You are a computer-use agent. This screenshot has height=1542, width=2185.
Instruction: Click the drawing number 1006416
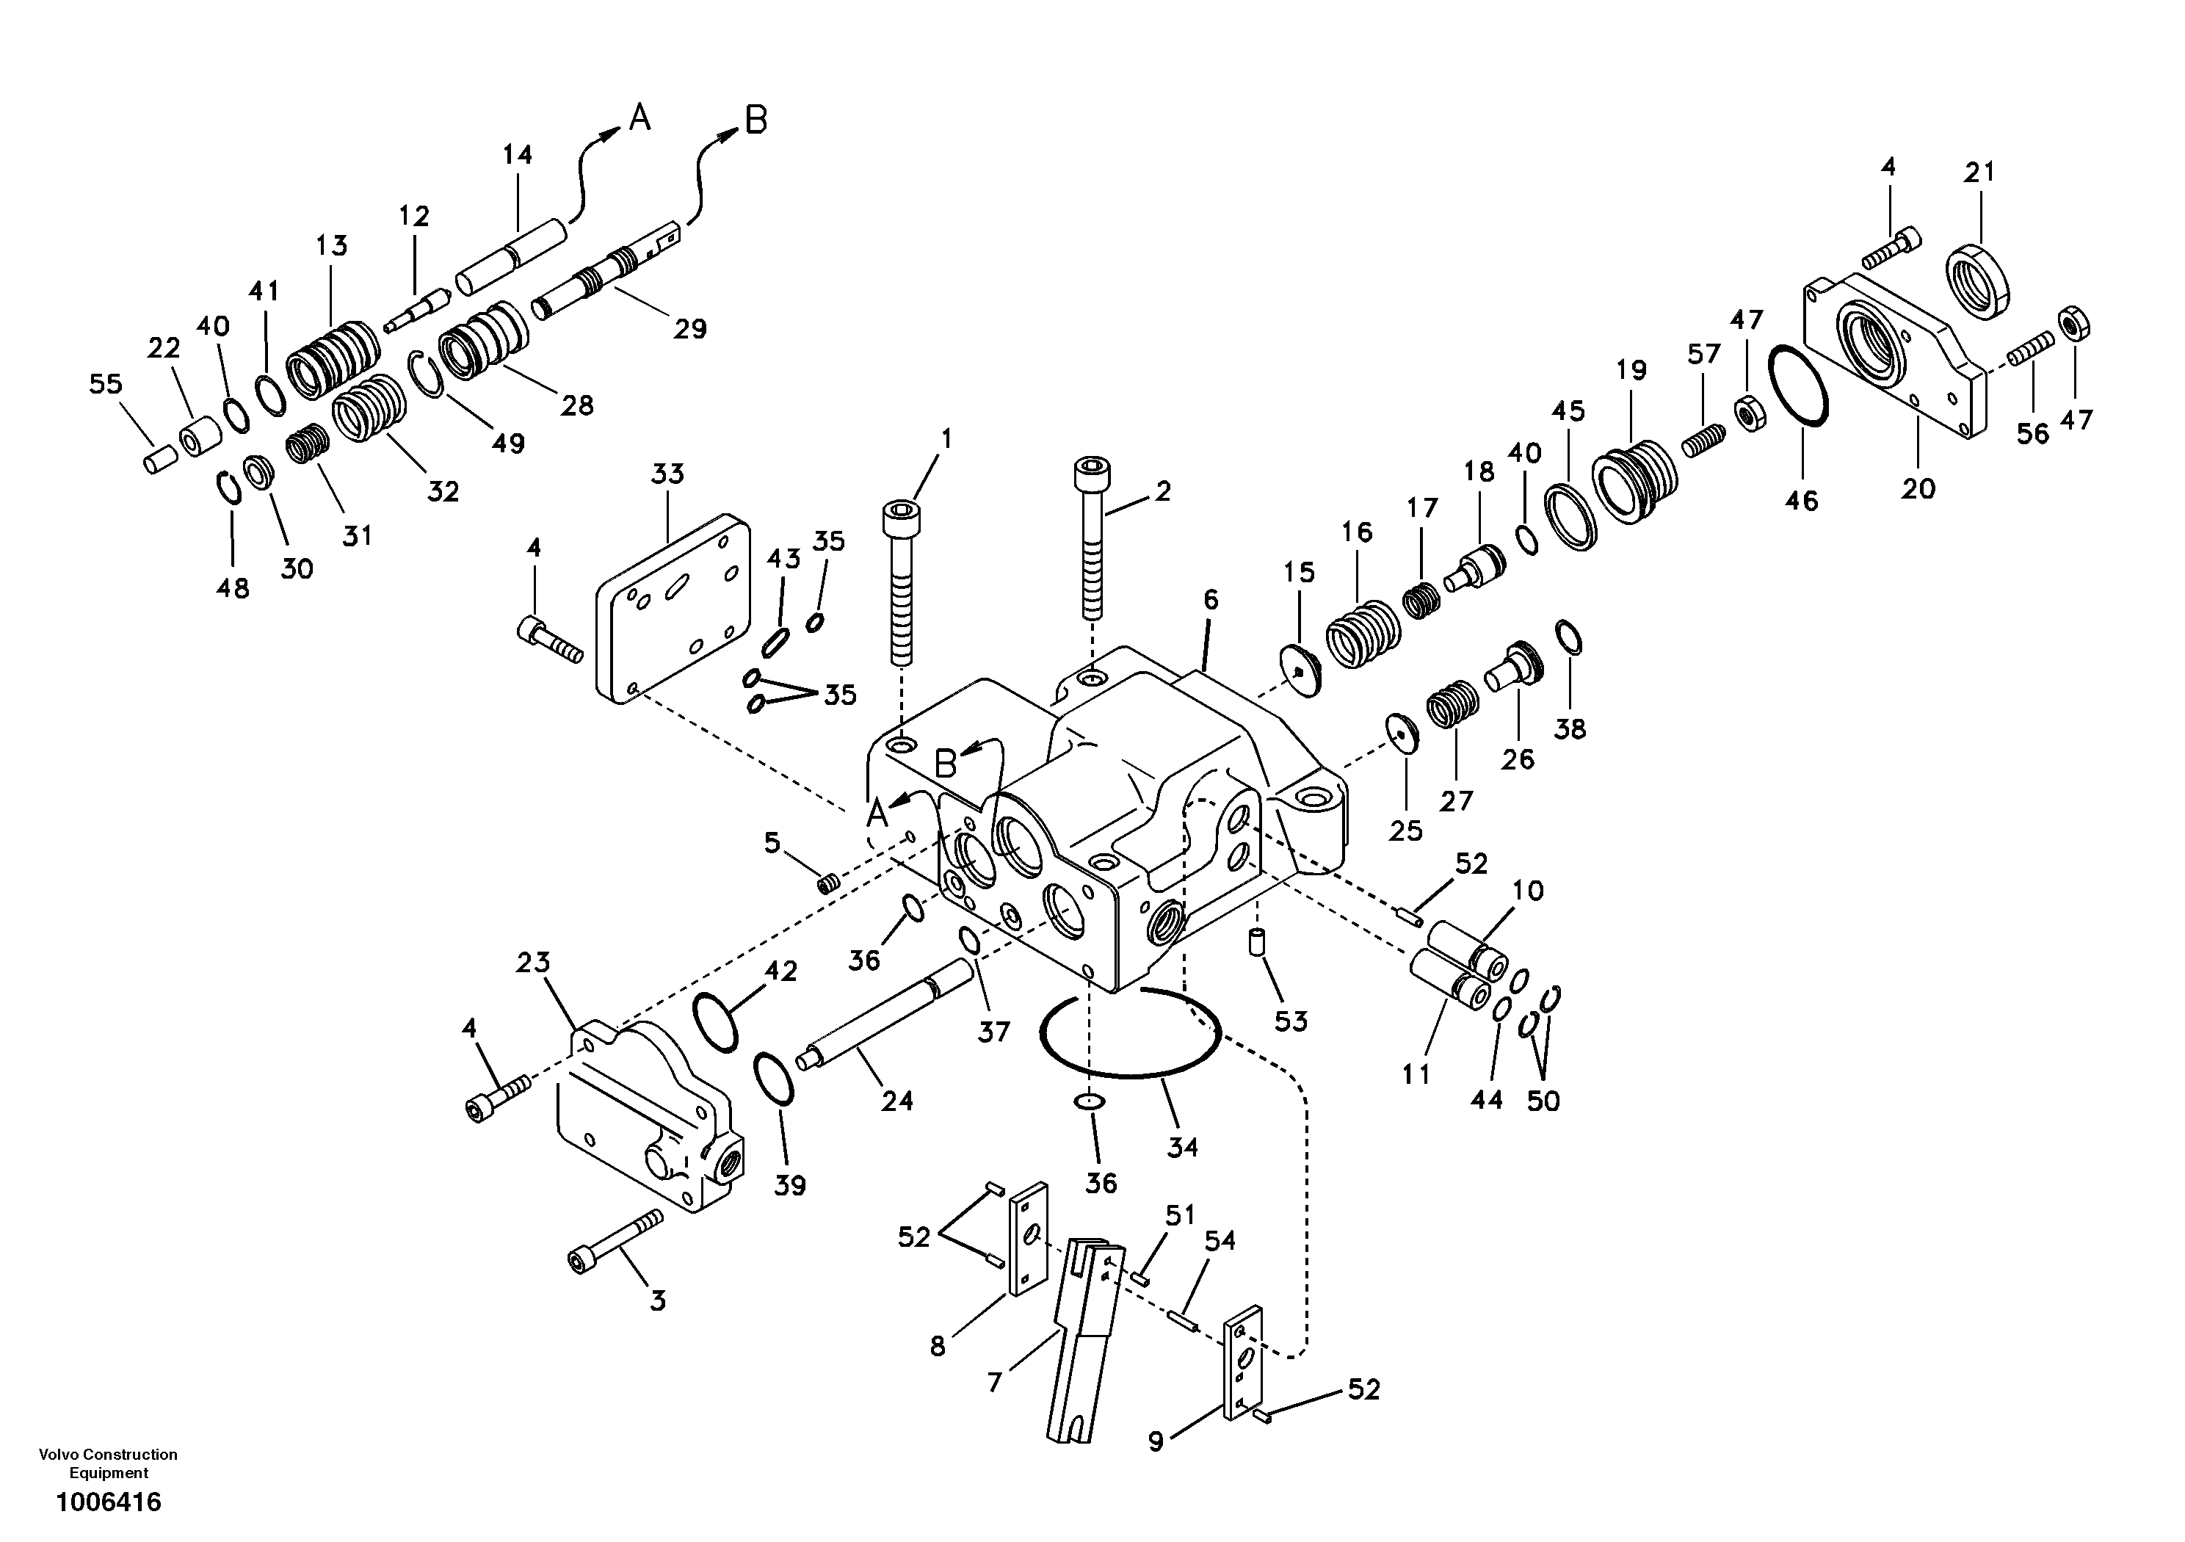coord(109,1502)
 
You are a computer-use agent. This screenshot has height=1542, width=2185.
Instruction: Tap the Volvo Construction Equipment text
coord(109,1463)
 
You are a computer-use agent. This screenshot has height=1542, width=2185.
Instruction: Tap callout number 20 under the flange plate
coord(1918,488)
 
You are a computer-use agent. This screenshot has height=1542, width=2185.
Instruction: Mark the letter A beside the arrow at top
coord(640,118)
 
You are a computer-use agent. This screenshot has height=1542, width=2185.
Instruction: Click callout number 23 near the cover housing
coord(533,963)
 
